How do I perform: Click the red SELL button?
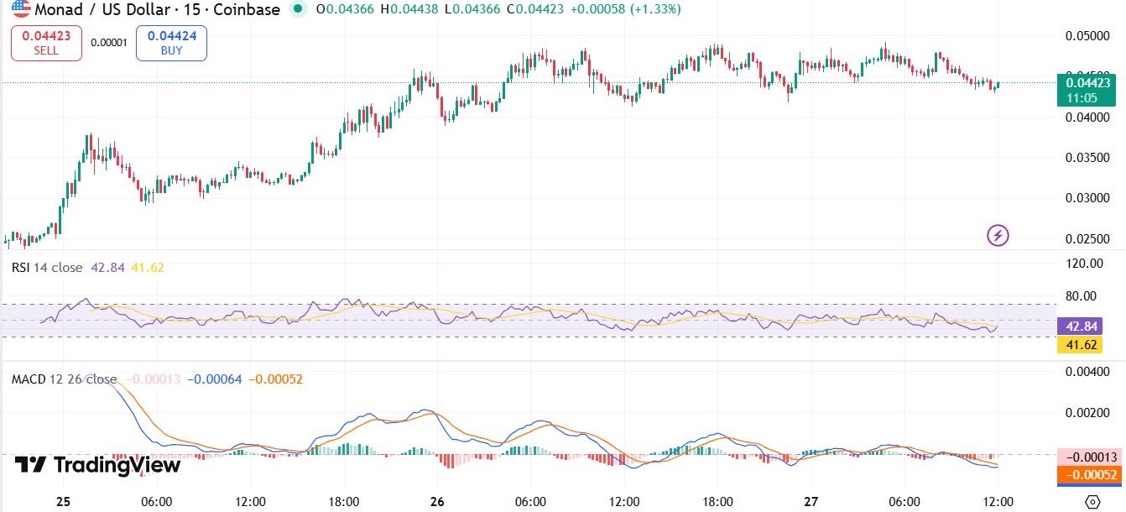tap(46, 42)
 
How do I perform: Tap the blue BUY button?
tap(171, 42)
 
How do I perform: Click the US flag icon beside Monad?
tap(21, 9)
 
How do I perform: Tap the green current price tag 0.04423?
tap(1087, 89)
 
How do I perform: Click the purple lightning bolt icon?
tap(998, 236)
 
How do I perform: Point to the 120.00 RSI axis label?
tap(1082, 264)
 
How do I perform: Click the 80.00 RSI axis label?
tap(1084, 295)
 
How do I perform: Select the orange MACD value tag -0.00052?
tap(1087, 475)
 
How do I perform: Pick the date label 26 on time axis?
tap(438, 502)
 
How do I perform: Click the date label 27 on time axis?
tap(811, 502)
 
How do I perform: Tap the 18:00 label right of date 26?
tap(717, 502)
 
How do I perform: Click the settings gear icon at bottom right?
tap(1092, 501)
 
